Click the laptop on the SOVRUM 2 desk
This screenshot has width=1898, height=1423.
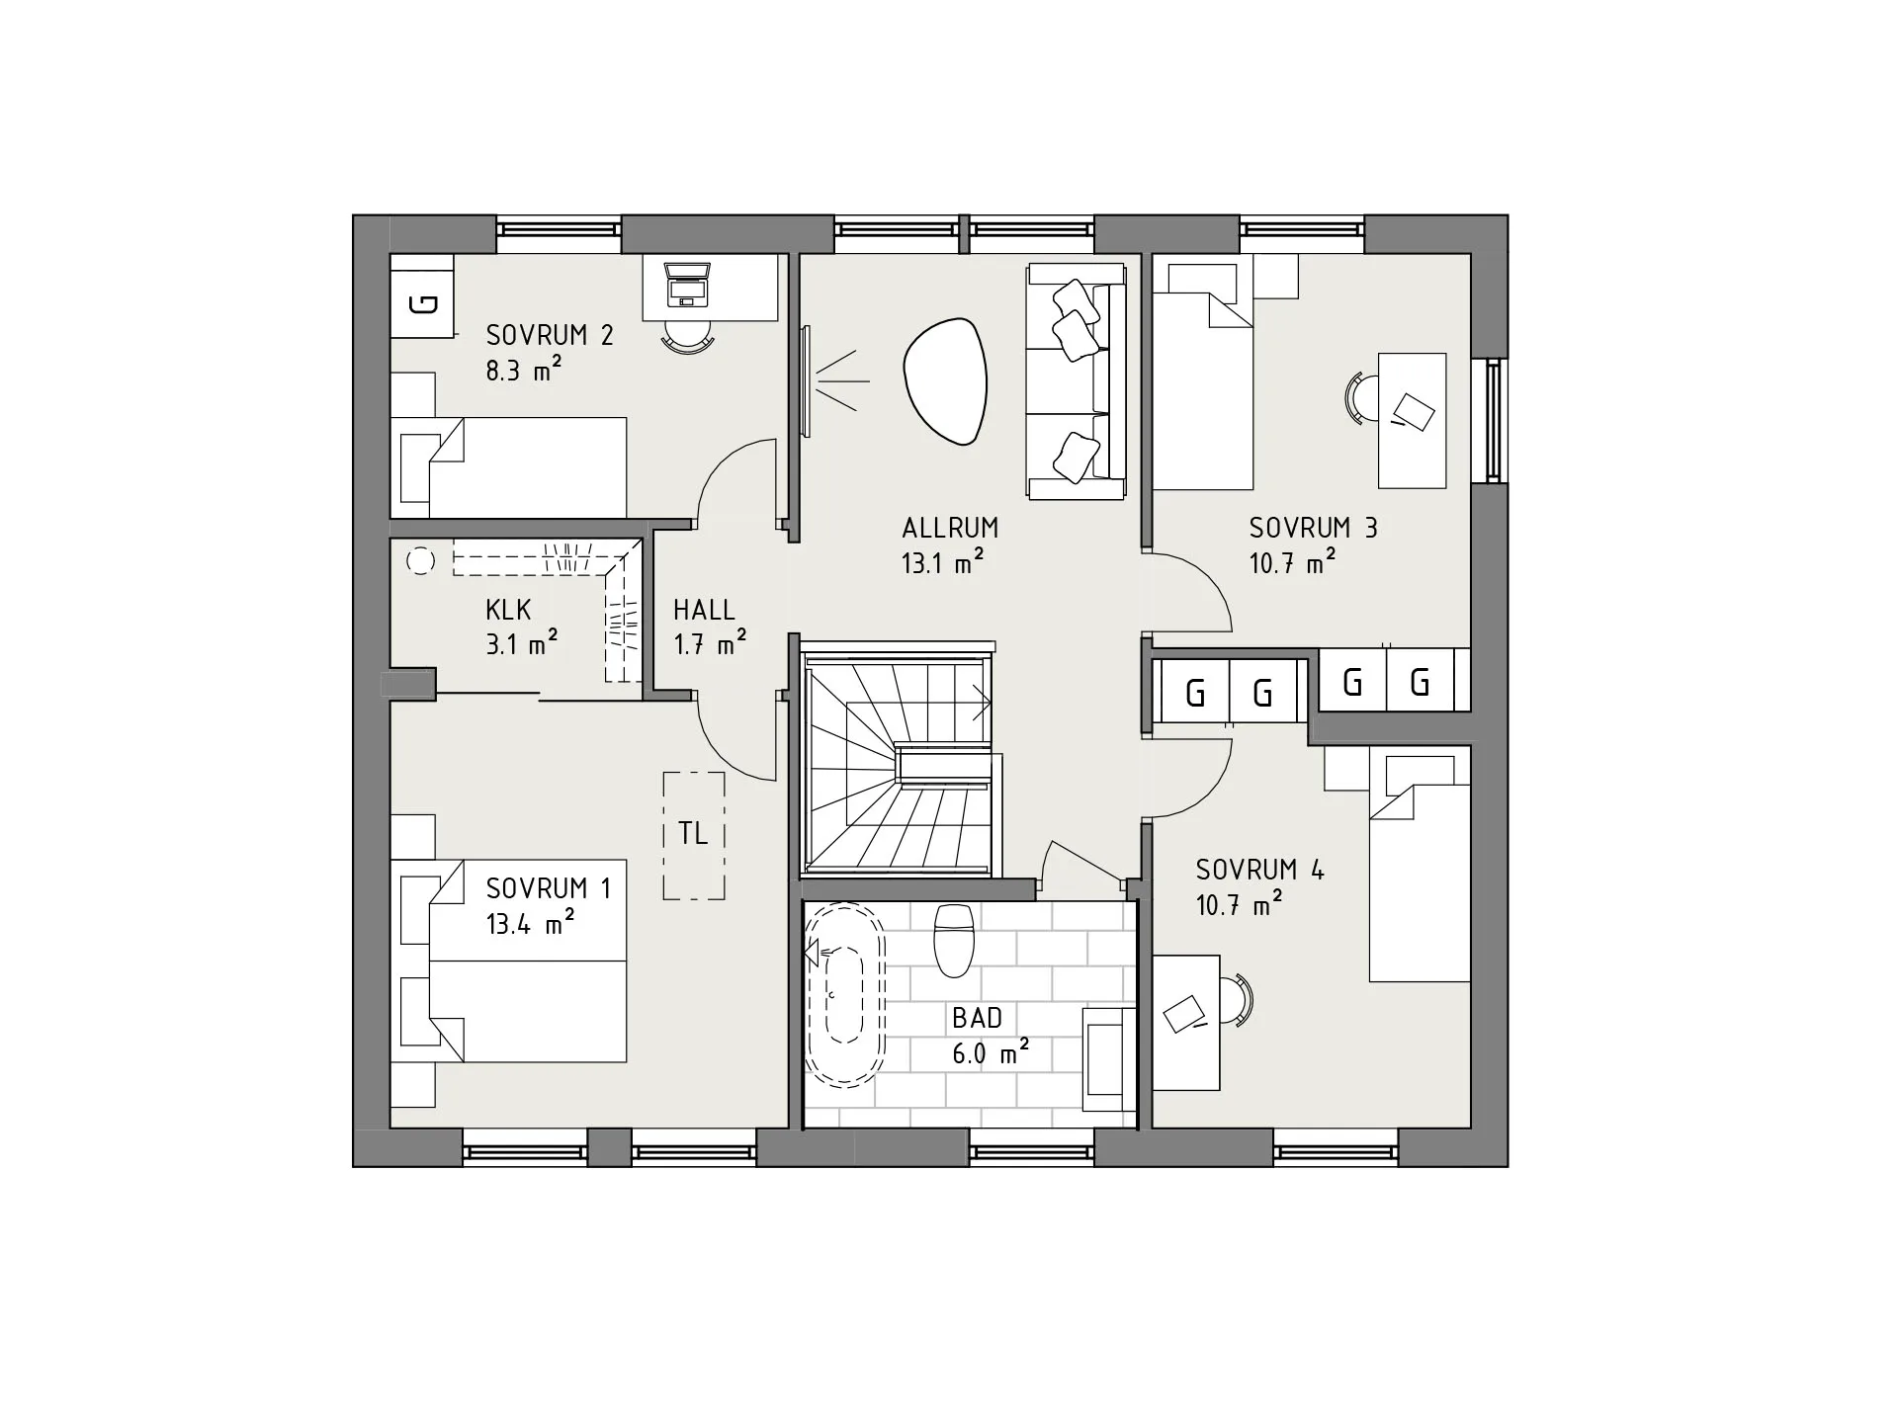tap(687, 283)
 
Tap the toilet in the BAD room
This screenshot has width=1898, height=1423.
tap(954, 939)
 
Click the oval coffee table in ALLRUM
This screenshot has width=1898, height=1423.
tap(945, 381)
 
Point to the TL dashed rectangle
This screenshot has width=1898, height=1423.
tap(694, 835)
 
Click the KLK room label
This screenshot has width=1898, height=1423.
tap(508, 609)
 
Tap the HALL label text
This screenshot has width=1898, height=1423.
tap(704, 609)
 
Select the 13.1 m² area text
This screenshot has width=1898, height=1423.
tap(942, 562)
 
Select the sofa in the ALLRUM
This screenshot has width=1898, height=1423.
tap(1077, 381)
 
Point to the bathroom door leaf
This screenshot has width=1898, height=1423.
tap(1082, 860)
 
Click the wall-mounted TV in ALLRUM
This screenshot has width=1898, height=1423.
tap(806, 381)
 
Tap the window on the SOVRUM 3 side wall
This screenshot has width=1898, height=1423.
tap(1491, 420)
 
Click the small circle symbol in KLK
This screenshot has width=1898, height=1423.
tap(421, 561)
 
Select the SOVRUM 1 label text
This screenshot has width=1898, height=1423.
tap(549, 888)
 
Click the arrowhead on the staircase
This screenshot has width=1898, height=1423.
tap(983, 705)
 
